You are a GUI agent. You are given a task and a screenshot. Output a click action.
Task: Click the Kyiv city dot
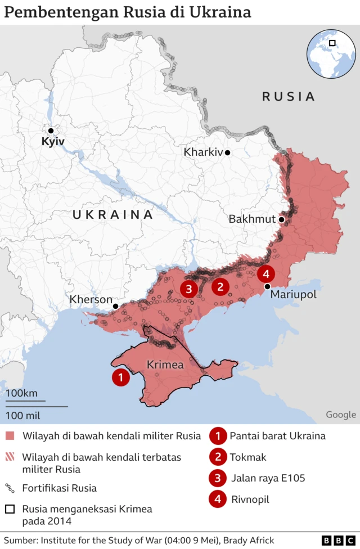pyautogui.click(x=51, y=130)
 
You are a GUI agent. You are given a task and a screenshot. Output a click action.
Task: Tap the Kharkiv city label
pyautogui.click(x=202, y=152)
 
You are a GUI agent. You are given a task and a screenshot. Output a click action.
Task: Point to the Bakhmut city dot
pyautogui.click(x=281, y=219)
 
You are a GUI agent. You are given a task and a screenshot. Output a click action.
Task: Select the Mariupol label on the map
pyautogui.click(x=293, y=295)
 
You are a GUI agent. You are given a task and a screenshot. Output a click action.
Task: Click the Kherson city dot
pyautogui.click(x=115, y=306)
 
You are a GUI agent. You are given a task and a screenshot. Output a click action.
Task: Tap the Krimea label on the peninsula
pyautogui.click(x=165, y=365)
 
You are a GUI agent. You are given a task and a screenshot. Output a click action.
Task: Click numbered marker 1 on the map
pyautogui.click(x=120, y=377)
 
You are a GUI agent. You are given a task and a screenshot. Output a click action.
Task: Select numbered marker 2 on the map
pyautogui.click(x=220, y=287)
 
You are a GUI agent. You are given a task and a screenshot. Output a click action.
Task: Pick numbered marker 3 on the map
pyautogui.click(x=188, y=289)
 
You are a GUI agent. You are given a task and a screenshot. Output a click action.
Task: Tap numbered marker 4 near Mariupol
pyautogui.click(x=266, y=274)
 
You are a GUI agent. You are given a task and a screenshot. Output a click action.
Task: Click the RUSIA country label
pyautogui.click(x=288, y=97)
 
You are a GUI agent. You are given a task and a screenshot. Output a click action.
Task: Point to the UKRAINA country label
pyautogui.click(x=112, y=215)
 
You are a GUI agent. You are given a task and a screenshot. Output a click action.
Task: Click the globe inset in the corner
pyautogui.click(x=331, y=53)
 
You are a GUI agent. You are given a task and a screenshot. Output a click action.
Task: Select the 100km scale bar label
pyautogui.click(x=22, y=393)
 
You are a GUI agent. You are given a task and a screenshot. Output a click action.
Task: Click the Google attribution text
pyautogui.click(x=341, y=415)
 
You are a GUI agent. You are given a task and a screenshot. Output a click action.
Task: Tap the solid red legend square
pyautogui.click(x=10, y=436)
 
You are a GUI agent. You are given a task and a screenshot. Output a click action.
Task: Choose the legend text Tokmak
pyautogui.click(x=248, y=457)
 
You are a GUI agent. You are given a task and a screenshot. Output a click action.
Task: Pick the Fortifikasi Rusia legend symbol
pyautogui.click(x=10, y=488)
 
